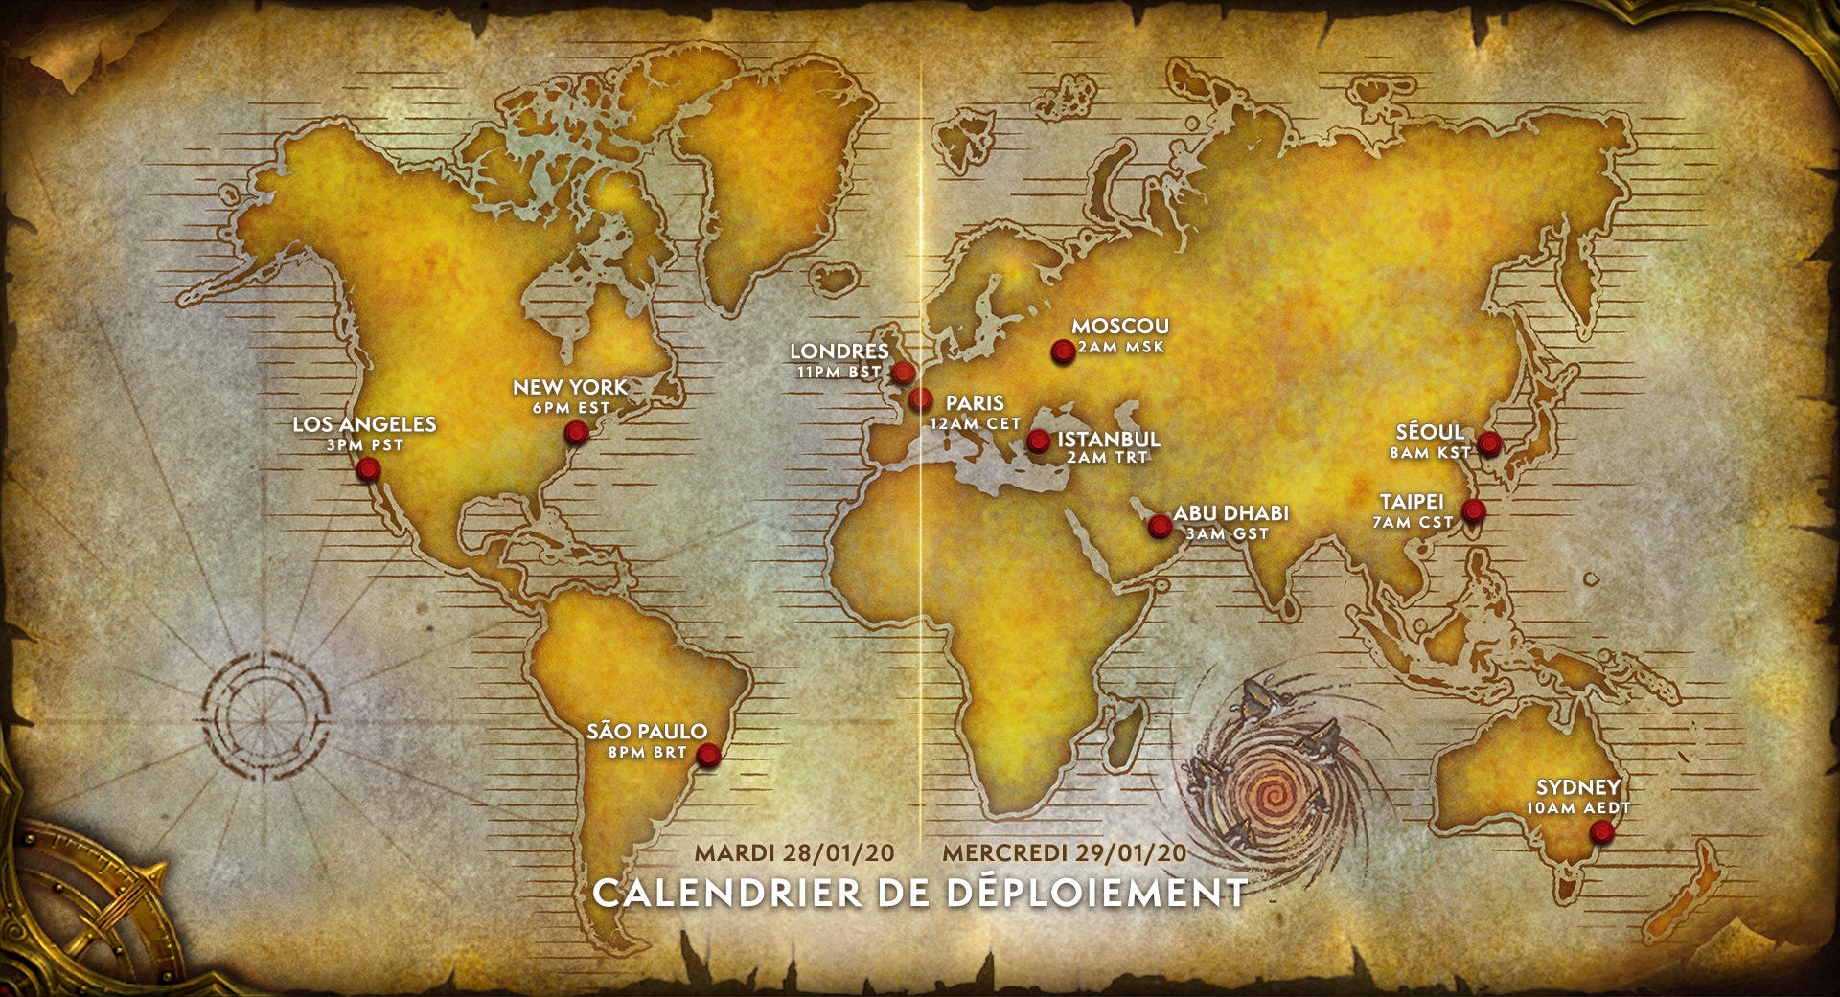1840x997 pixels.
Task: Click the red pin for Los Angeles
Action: (367, 469)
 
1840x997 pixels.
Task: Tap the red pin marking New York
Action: (576, 433)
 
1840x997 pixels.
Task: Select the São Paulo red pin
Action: (708, 755)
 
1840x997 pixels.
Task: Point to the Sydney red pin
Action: (1600, 832)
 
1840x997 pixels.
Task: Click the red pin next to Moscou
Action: (1062, 351)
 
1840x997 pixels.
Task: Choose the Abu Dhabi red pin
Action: (1160, 525)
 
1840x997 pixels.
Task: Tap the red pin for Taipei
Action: (1474, 510)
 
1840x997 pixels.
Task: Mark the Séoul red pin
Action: (1488, 442)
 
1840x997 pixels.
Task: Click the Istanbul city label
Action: (1109, 440)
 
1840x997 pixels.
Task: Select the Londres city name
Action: (839, 351)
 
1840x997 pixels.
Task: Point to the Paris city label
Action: (975, 403)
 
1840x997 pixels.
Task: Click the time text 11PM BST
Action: (839, 372)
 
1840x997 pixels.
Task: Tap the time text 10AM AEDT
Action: (1577, 808)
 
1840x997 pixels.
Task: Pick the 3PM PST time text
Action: (365, 445)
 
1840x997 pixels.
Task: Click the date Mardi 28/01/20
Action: (794, 853)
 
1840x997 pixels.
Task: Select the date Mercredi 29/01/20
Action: (1064, 853)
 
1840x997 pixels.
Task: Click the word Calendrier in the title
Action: (727, 894)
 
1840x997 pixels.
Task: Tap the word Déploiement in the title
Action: (1097, 894)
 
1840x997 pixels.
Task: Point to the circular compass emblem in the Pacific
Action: (264, 715)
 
